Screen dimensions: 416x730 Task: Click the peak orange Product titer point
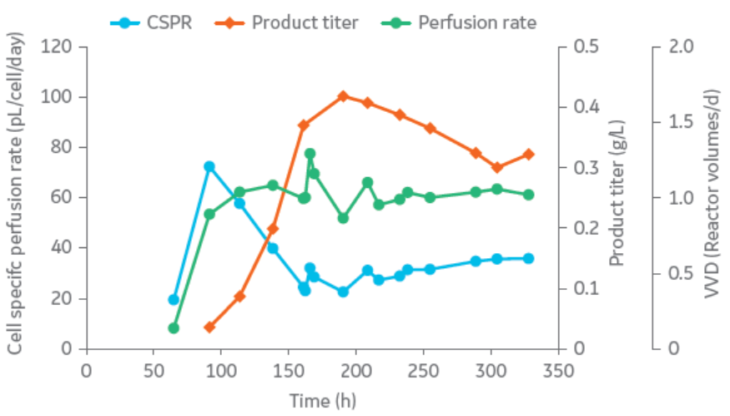342,97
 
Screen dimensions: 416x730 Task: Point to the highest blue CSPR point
209,166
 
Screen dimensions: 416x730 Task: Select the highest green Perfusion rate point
310,154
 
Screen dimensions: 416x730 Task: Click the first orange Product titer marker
209,327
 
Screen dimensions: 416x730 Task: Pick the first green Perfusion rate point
174,328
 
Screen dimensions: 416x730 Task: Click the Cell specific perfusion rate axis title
14,197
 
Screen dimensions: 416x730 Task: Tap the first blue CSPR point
174,299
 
